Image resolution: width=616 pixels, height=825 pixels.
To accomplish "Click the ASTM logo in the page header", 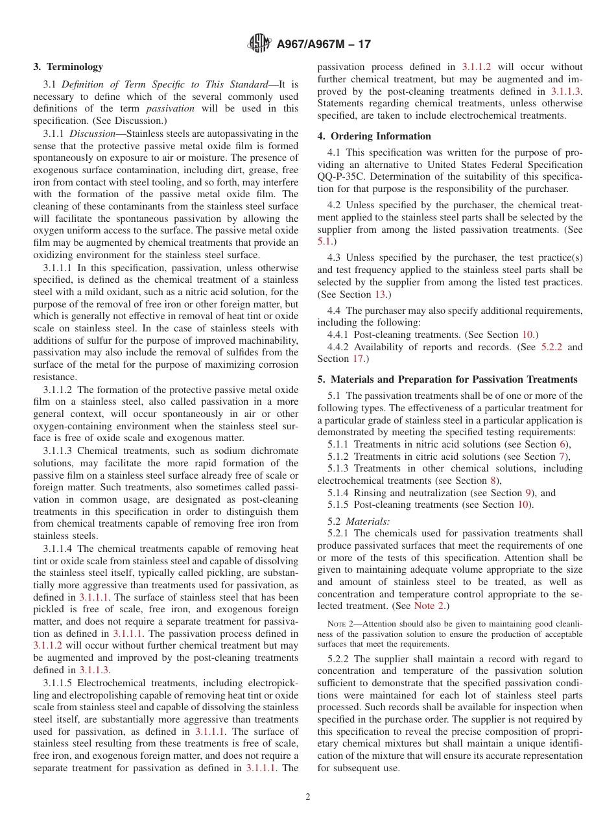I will [x=260, y=44].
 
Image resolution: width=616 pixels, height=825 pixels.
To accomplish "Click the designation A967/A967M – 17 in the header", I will [x=324, y=45].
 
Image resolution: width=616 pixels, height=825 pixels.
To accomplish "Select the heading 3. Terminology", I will [x=68, y=67].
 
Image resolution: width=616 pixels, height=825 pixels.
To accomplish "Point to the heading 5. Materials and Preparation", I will [x=447, y=379].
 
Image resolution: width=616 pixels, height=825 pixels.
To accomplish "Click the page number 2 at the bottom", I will [x=308, y=797].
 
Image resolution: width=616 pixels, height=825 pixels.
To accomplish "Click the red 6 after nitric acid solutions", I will [x=562, y=444].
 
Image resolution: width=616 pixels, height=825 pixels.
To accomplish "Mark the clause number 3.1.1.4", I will [x=59, y=549].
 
